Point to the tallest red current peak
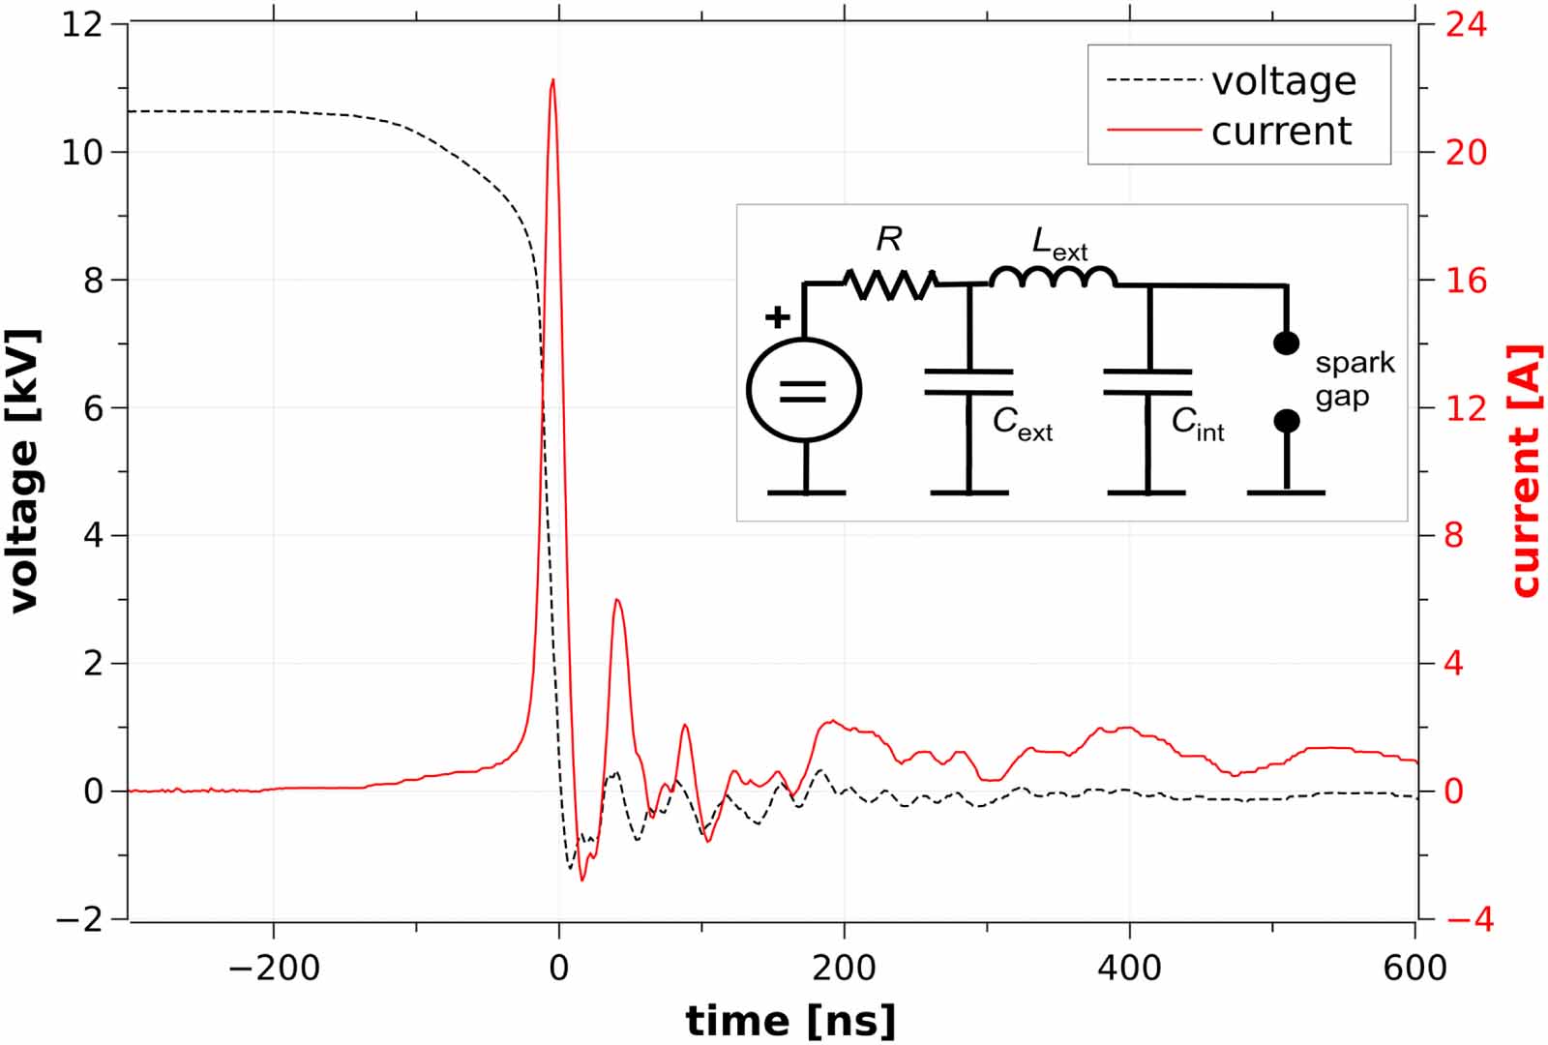pyautogui.click(x=552, y=81)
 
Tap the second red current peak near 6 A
pyautogui.click(x=617, y=601)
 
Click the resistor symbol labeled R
pyautogui.click(x=889, y=283)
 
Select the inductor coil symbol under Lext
pyautogui.click(x=1053, y=279)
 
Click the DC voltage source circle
pyautogui.click(x=804, y=390)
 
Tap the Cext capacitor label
pyautogui.click(x=1022, y=424)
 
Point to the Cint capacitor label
pyautogui.click(x=1198, y=423)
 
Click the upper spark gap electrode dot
pyautogui.click(x=1286, y=343)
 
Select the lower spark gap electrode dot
pyautogui.click(x=1286, y=421)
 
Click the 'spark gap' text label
pyautogui.click(x=1354, y=379)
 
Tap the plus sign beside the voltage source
pyautogui.click(x=777, y=317)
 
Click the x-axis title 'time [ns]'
pyautogui.click(x=790, y=1021)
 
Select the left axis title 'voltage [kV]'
pyautogui.click(x=23, y=471)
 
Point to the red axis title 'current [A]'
pyautogui.click(x=1525, y=471)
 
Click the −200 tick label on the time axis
pyautogui.click(x=273, y=968)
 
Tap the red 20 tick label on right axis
pyautogui.click(x=1466, y=152)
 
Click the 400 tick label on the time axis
pyautogui.click(x=1129, y=968)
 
